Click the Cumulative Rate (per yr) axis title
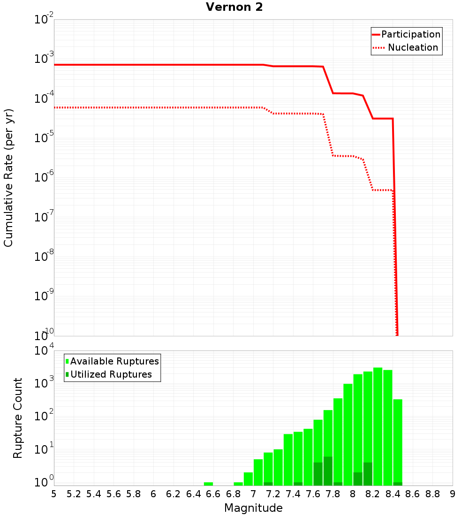pos(8,177)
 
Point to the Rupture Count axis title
pos(18,418)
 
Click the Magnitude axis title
pos(253,508)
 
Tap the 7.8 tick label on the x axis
pos(333,494)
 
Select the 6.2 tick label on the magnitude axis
pos(174,494)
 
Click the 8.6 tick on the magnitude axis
pos(413,494)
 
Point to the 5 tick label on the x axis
pos(54,494)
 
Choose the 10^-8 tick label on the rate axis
pos(44,256)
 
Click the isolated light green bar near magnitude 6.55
pos(208,484)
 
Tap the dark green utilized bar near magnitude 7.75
pos(328,471)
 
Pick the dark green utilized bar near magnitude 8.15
pos(368,474)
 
